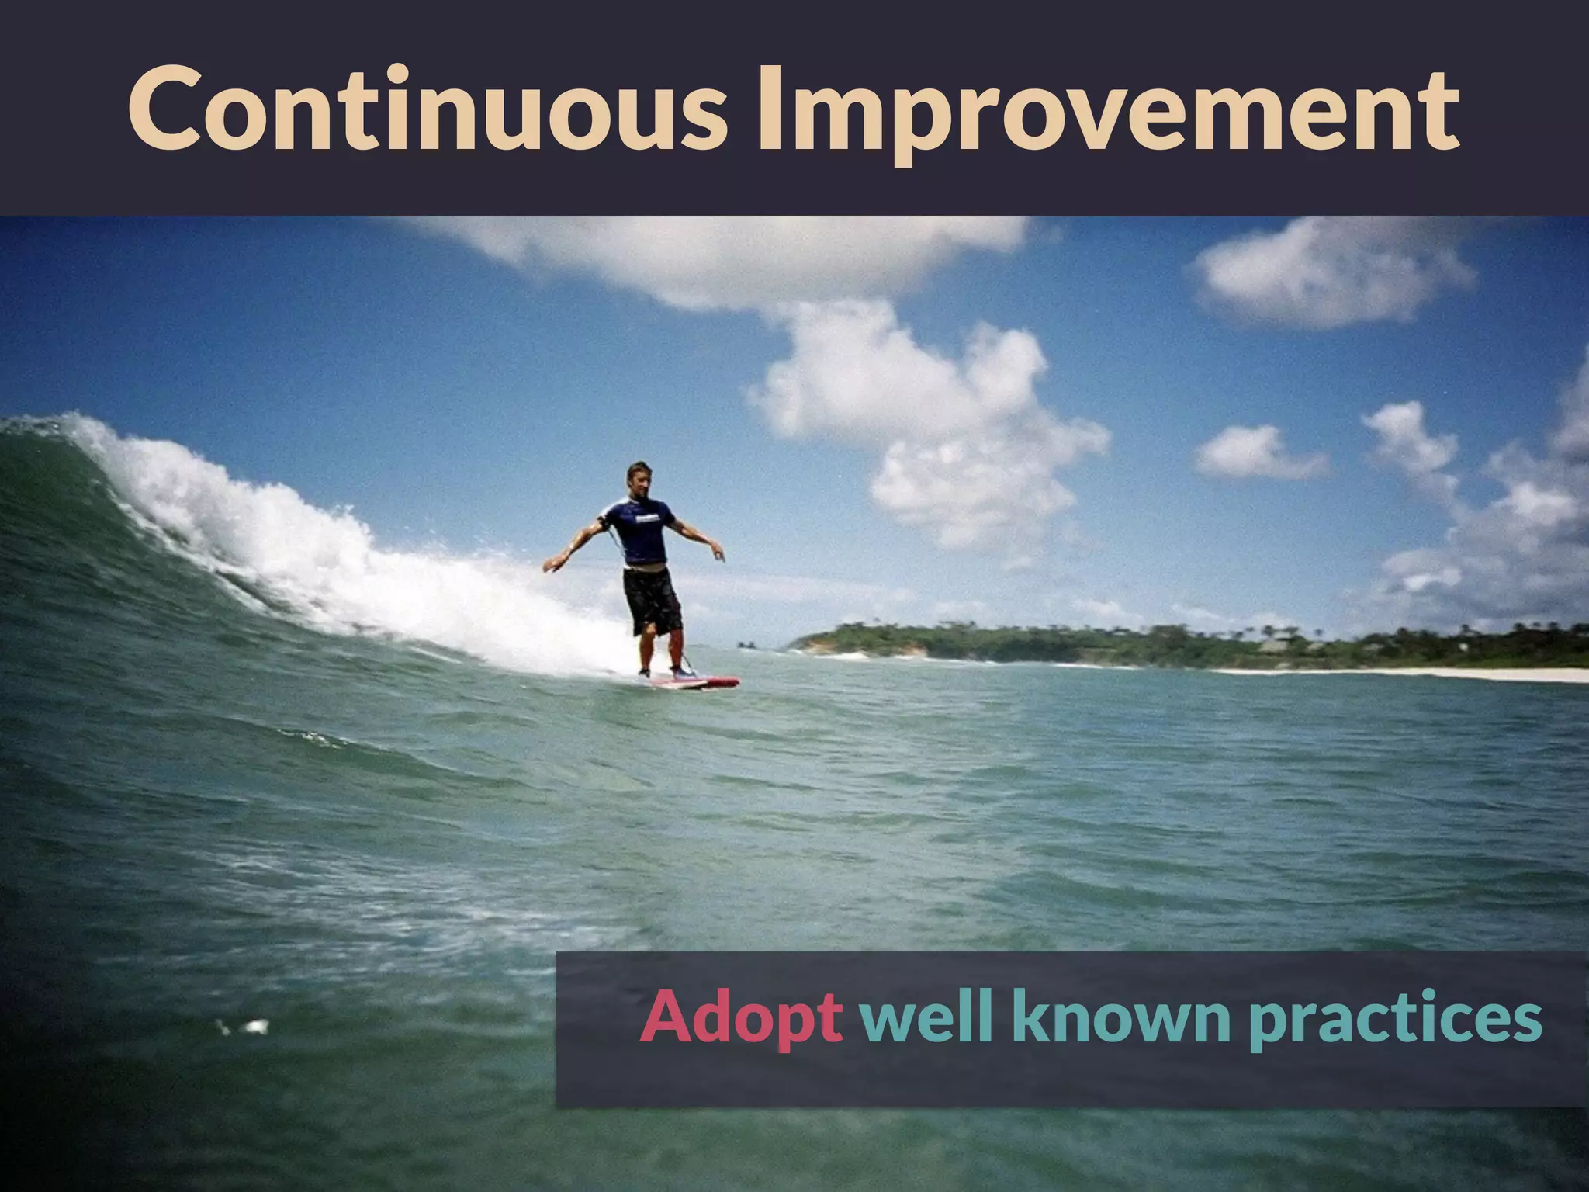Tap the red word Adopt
[741, 1018]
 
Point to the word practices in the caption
[1395, 1020]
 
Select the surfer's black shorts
[653, 598]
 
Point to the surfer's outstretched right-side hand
[718, 553]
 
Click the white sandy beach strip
[1435, 674]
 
